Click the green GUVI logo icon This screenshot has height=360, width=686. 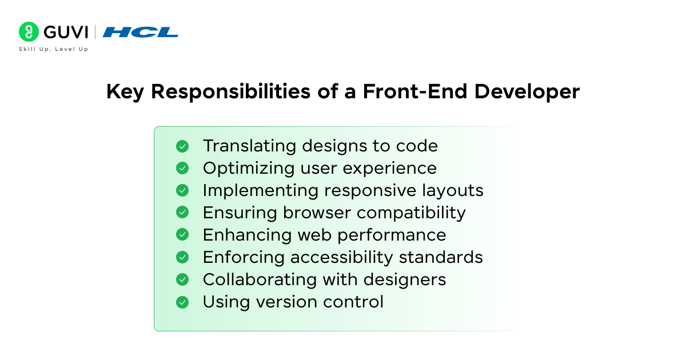point(29,32)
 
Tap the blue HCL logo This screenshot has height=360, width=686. point(140,32)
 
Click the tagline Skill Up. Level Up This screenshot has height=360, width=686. point(53,49)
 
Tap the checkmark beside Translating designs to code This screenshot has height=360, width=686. point(182,146)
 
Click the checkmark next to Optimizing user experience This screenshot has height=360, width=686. point(182,169)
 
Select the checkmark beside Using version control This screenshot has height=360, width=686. point(182,302)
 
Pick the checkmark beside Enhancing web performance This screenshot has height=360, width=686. point(182,235)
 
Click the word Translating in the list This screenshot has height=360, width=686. point(249,146)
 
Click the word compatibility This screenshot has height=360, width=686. point(411,213)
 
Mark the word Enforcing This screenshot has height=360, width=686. point(244,258)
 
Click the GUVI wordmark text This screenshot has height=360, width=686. point(66,32)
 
